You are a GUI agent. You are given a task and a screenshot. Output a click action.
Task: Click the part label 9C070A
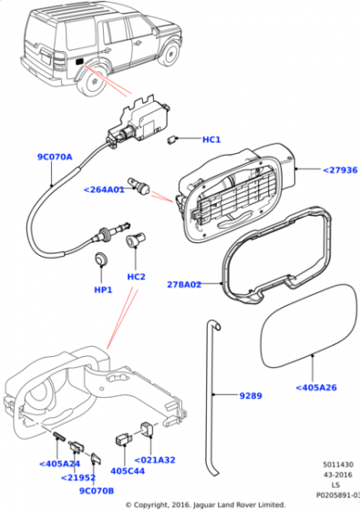[x=54, y=157]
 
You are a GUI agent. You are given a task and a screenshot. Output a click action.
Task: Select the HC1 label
[x=211, y=139]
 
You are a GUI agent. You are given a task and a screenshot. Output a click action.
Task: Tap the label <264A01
[x=104, y=190]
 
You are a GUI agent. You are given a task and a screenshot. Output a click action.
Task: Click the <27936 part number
[x=338, y=168]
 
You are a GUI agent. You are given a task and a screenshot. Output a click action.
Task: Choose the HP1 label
[x=103, y=290]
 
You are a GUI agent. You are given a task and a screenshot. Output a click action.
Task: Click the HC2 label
[x=137, y=277]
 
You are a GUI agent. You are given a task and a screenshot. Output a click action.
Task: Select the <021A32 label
[x=156, y=461]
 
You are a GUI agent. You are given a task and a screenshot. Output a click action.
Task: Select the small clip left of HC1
[x=173, y=139]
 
